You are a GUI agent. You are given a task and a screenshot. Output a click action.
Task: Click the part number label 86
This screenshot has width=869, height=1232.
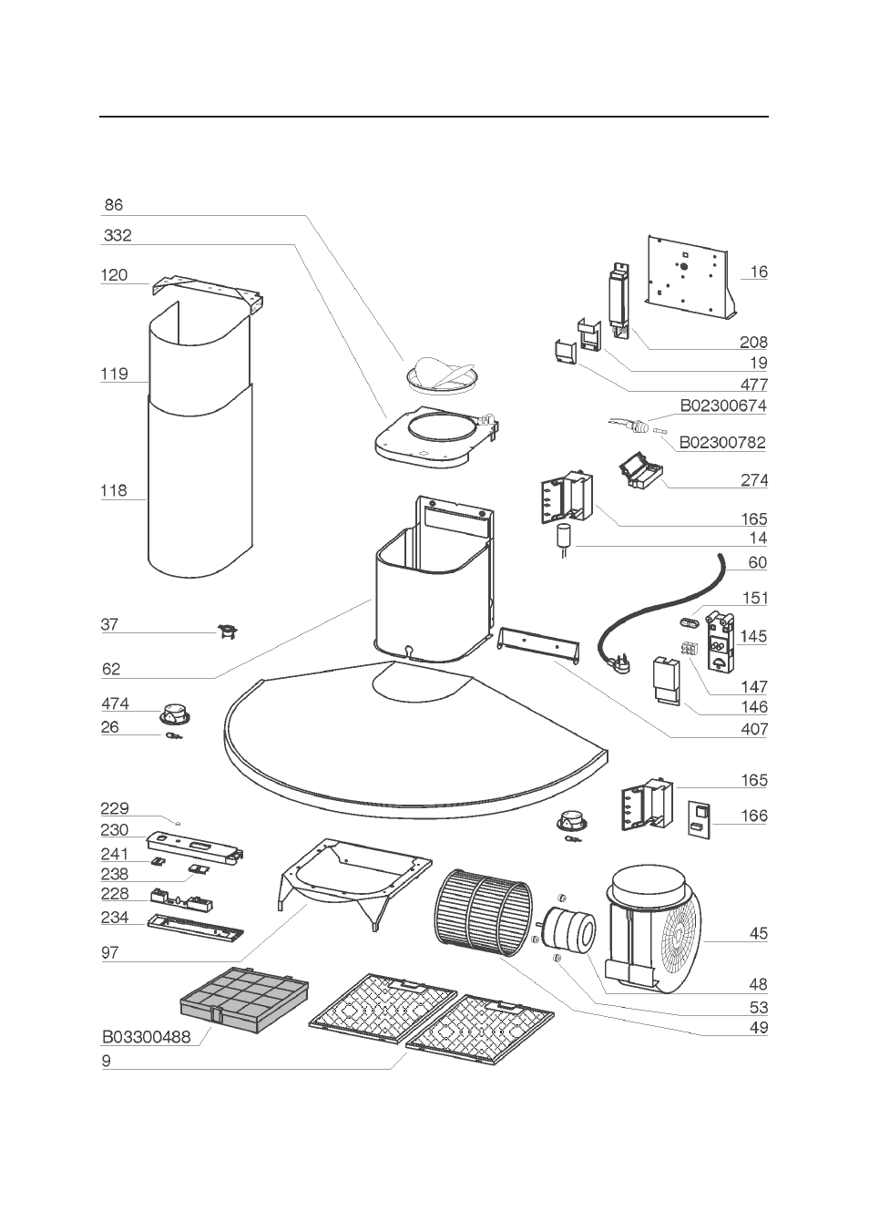click(113, 205)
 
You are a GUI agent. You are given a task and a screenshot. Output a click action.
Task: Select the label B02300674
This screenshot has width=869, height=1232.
click(723, 406)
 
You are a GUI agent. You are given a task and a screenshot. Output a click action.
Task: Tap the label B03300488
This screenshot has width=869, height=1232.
click(147, 1036)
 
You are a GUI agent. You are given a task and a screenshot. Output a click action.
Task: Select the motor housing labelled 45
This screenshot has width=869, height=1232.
click(654, 929)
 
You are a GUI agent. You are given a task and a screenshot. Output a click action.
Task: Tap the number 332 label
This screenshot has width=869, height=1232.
click(118, 235)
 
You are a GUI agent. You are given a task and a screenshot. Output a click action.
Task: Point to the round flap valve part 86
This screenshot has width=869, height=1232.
click(441, 375)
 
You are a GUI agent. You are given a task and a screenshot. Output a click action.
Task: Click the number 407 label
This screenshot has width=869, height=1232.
click(754, 729)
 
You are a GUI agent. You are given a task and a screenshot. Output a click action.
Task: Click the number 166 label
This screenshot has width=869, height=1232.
click(754, 816)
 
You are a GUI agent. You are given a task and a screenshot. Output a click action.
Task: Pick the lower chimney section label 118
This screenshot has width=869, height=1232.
click(114, 490)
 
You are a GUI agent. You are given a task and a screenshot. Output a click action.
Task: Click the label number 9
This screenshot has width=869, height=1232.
click(107, 1061)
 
